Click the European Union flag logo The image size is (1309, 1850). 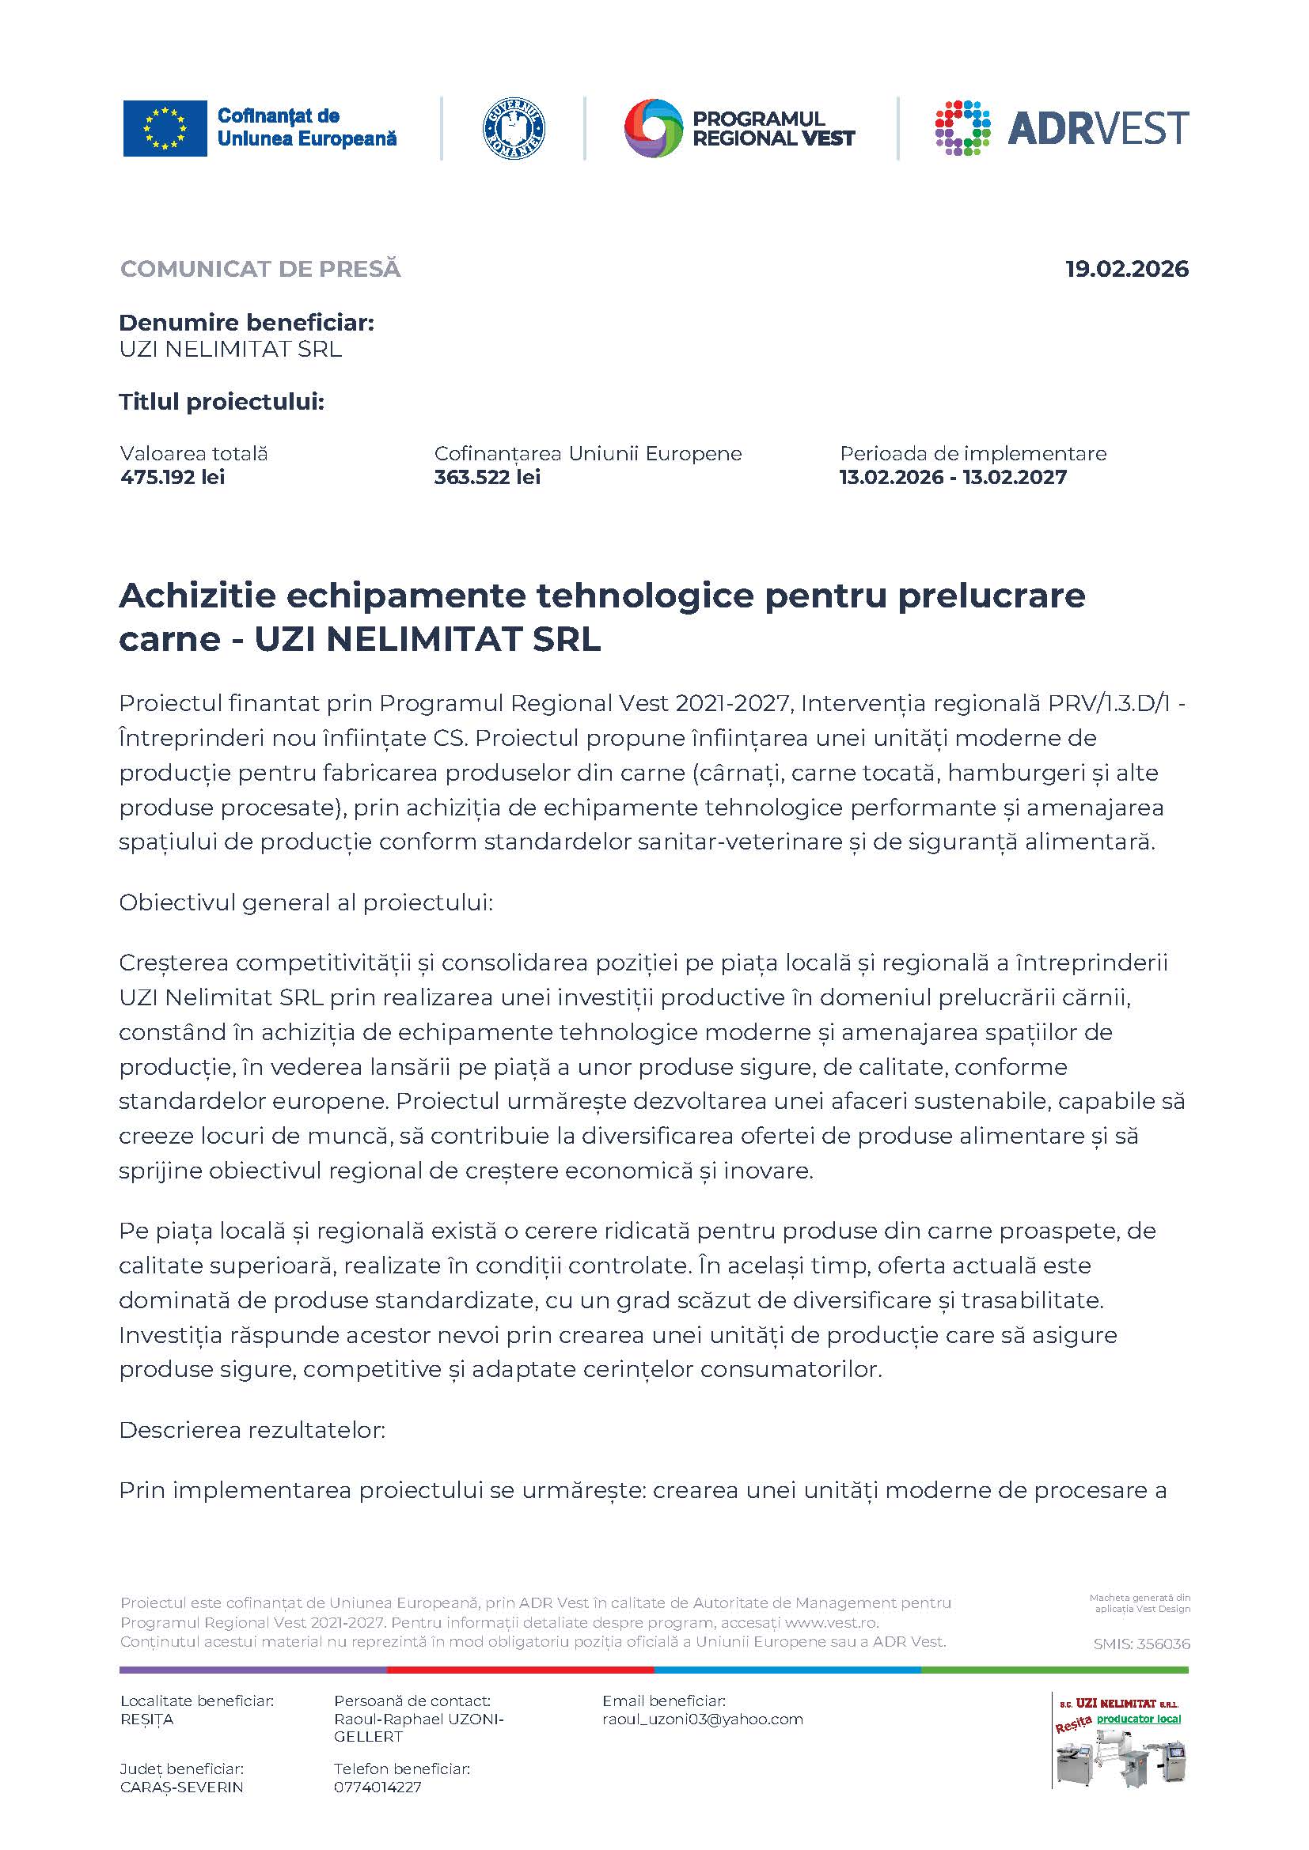[x=165, y=128]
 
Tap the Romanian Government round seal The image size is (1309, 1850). [x=514, y=129]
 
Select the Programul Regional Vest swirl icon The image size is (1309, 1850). [x=653, y=129]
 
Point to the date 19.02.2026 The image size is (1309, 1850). [x=1127, y=269]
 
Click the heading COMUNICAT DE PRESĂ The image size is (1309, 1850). [x=260, y=269]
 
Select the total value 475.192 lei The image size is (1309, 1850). [x=173, y=477]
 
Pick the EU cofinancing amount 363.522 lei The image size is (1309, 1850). [x=487, y=477]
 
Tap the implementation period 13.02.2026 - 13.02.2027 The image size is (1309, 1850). [x=953, y=477]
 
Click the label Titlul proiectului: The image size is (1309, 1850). [x=222, y=402]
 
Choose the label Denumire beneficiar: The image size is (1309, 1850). [x=247, y=323]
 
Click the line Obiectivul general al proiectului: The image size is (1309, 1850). [x=305, y=902]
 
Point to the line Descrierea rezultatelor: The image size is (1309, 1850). [x=252, y=1429]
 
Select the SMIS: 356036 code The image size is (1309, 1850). [x=1141, y=1644]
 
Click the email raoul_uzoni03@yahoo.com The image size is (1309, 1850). [x=702, y=1719]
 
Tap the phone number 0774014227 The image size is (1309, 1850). [x=378, y=1787]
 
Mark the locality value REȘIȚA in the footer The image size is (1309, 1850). [x=146, y=1719]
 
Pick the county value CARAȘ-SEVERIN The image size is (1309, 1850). [x=181, y=1787]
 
